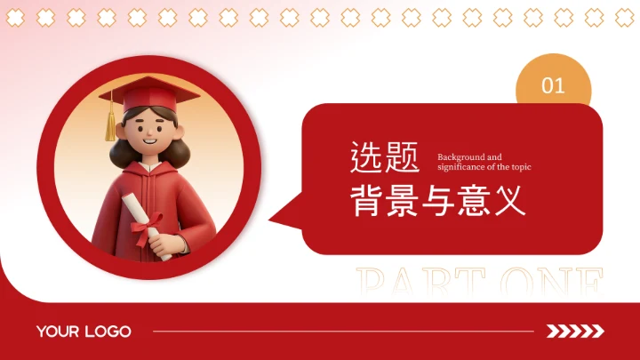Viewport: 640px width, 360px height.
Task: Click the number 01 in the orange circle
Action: (553, 85)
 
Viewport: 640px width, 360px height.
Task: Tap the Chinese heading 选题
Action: (384, 159)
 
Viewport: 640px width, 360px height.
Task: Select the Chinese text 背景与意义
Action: (438, 200)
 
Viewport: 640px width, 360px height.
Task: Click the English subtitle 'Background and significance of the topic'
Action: (484, 162)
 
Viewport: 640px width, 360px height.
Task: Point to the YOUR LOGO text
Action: (84, 332)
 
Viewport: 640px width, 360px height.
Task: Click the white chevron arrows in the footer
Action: (575, 332)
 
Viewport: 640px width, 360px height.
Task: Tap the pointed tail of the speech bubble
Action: (283, 216)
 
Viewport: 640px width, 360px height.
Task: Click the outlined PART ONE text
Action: (480, 283)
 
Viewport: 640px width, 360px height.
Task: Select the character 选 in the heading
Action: (366, 159)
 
